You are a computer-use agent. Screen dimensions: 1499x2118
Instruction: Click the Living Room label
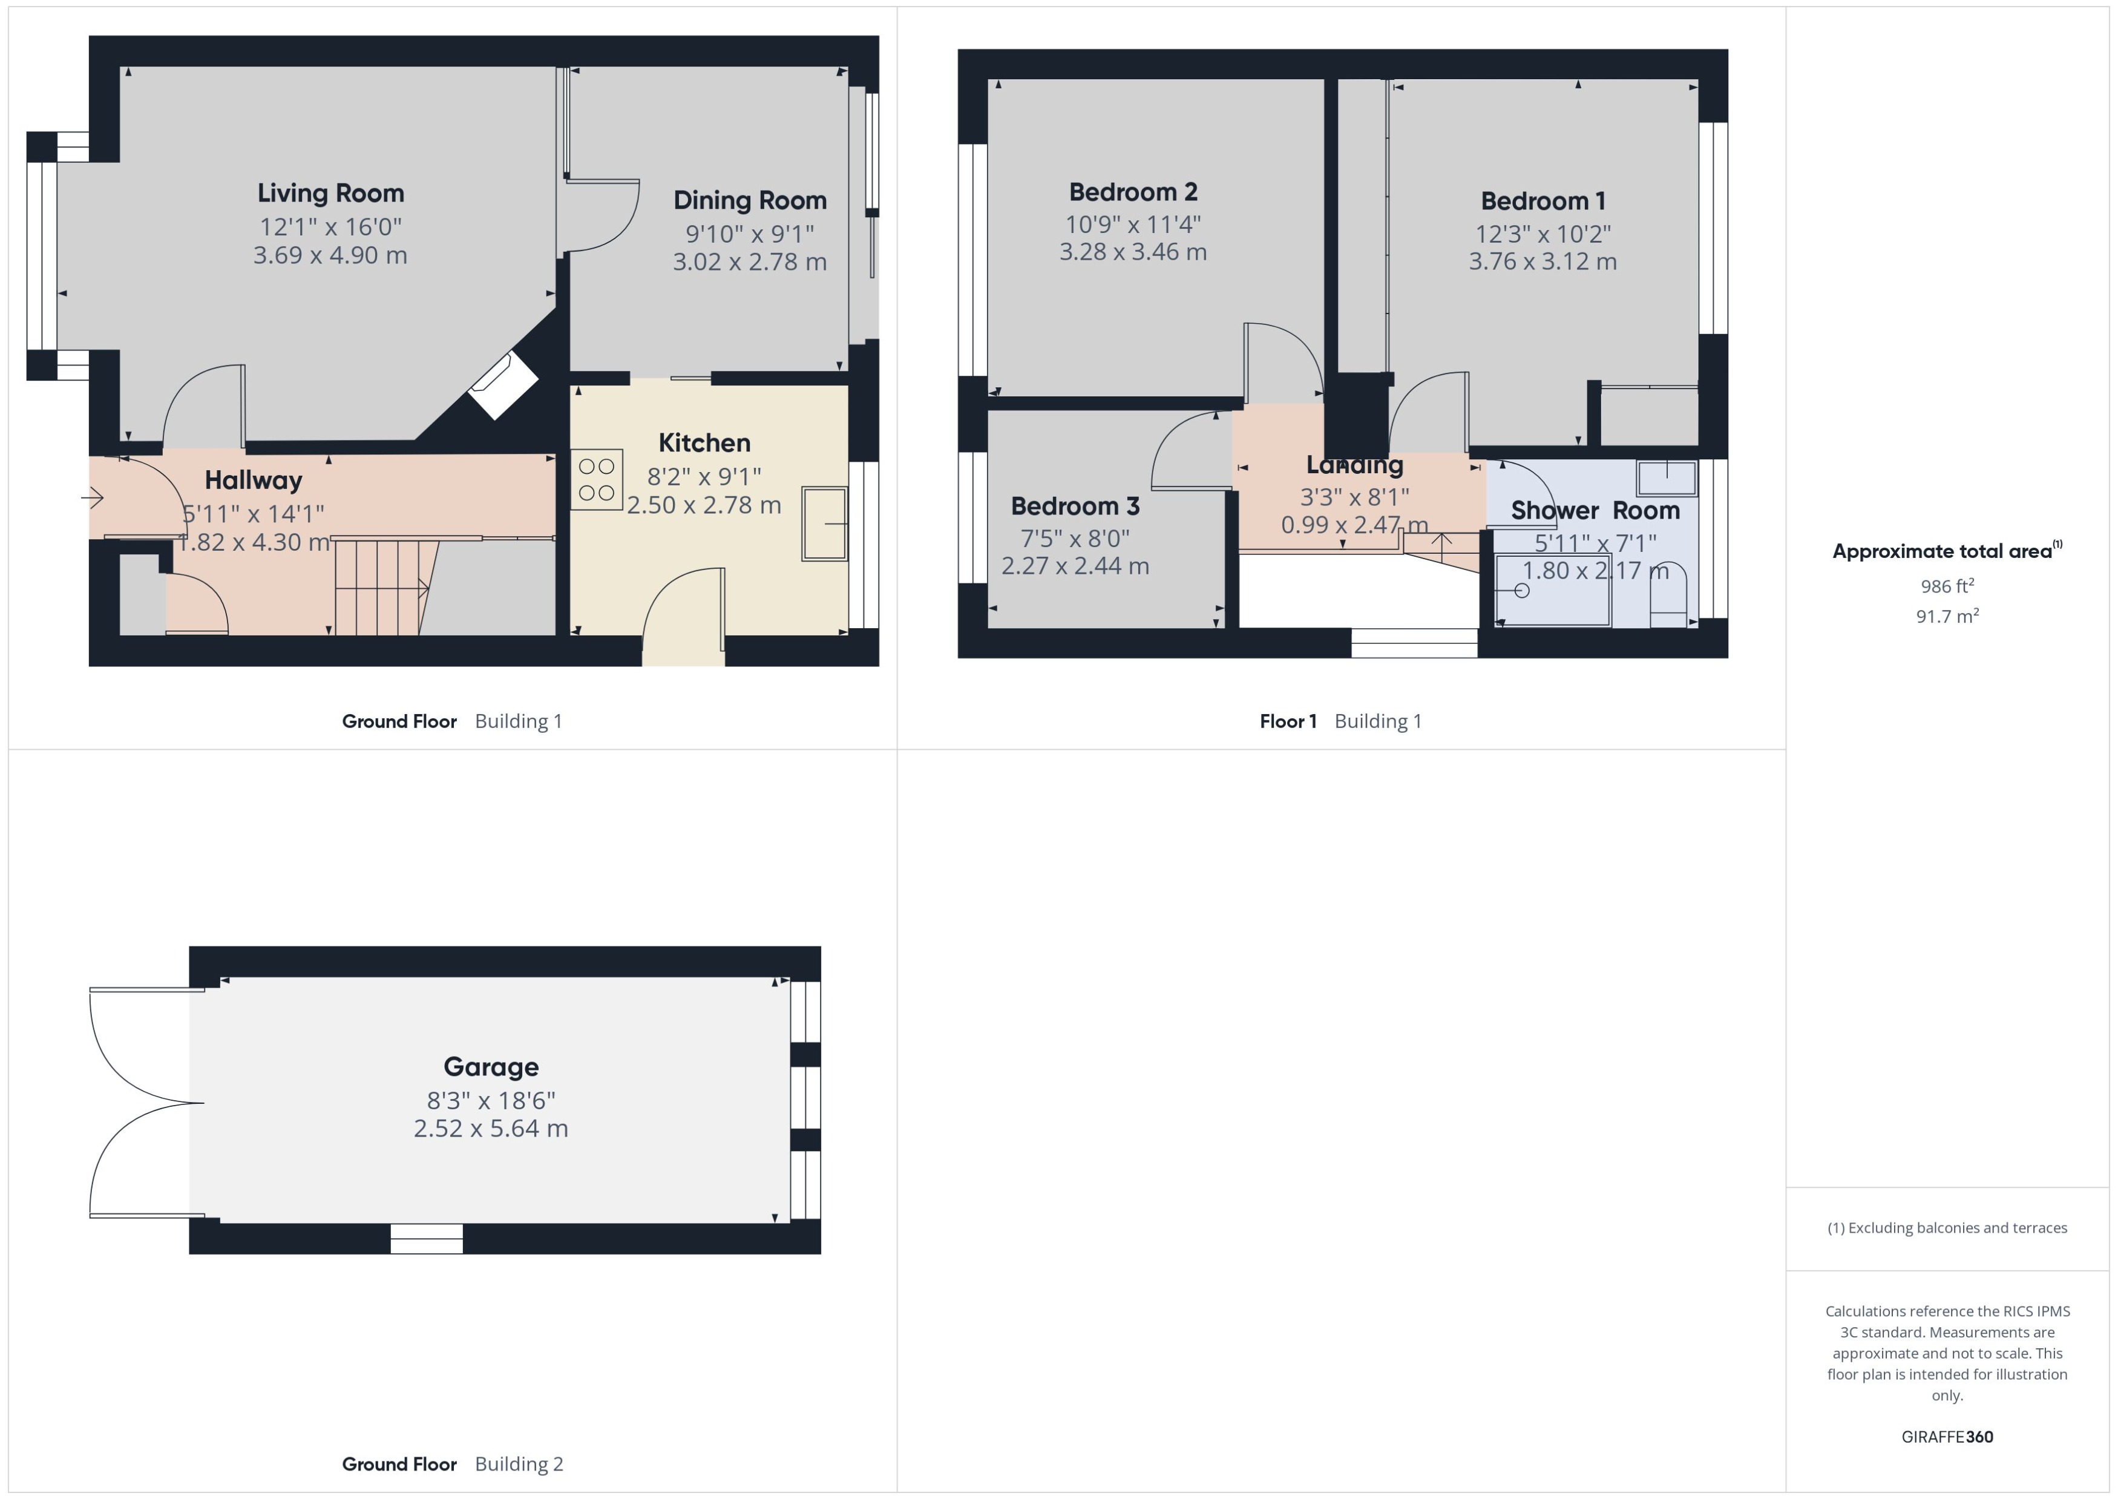pos(330,193)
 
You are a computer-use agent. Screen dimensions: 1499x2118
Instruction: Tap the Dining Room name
pos(749,200)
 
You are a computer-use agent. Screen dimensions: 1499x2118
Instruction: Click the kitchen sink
pos(824,523)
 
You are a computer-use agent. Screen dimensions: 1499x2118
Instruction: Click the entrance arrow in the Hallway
pos(93,499)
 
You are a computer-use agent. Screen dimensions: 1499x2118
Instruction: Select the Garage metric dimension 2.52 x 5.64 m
pos(490,1129)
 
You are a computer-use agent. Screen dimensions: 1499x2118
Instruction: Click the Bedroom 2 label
pos(1132,192)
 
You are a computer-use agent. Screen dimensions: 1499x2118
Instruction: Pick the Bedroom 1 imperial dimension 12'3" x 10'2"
pos(1542,234)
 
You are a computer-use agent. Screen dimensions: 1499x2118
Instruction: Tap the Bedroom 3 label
pos(1075,506)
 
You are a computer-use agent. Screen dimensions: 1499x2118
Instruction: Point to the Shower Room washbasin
pos(1667,478)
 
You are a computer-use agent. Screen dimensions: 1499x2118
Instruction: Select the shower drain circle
pos(1522,591)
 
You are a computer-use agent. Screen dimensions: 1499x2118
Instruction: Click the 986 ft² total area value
pos(1946,586)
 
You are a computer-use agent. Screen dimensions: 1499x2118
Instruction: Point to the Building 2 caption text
pos(519,1464)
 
